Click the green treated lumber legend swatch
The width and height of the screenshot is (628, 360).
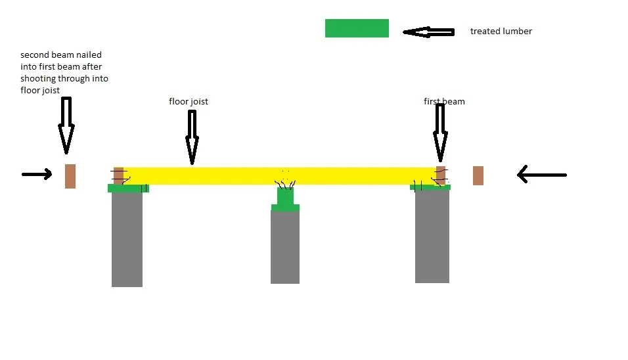click(357, 28)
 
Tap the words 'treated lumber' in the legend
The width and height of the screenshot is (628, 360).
click(501, 32)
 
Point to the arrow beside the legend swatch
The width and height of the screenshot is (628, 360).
click(428, 32)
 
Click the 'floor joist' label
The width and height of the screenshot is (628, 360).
click(189, 102)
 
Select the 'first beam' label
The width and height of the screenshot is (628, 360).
click(444, 102)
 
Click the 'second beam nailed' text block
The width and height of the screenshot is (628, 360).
click(64, 72)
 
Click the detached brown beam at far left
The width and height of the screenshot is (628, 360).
click(70, 176)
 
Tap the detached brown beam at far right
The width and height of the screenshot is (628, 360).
click(478, 176)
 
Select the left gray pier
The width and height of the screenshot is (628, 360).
click(127, 240)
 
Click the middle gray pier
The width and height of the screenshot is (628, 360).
click(284, 247)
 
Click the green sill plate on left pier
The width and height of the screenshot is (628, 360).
click(128, 188)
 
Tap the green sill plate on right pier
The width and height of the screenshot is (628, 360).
click(430, 187)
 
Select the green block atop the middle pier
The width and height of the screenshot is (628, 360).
click(285, 199)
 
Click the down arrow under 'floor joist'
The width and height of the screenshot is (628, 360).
click(192, 137)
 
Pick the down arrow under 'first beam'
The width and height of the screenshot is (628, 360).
click(440, 132)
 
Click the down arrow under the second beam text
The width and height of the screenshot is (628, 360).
click(66, 125)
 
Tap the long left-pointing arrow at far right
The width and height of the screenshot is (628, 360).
click(542, 175)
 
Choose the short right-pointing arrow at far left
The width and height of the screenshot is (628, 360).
click(37, 174)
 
